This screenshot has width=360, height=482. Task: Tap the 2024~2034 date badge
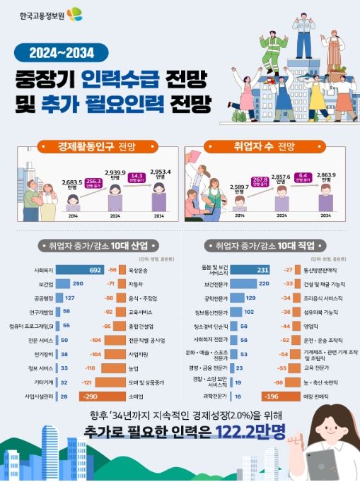click(62, 52)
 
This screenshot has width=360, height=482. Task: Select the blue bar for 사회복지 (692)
click(80, 270)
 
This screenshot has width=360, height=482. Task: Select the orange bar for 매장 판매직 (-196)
click(275, 397)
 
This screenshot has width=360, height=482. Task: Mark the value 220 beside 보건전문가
click(263, 283)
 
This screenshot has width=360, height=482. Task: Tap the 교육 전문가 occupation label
click(318, 368)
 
